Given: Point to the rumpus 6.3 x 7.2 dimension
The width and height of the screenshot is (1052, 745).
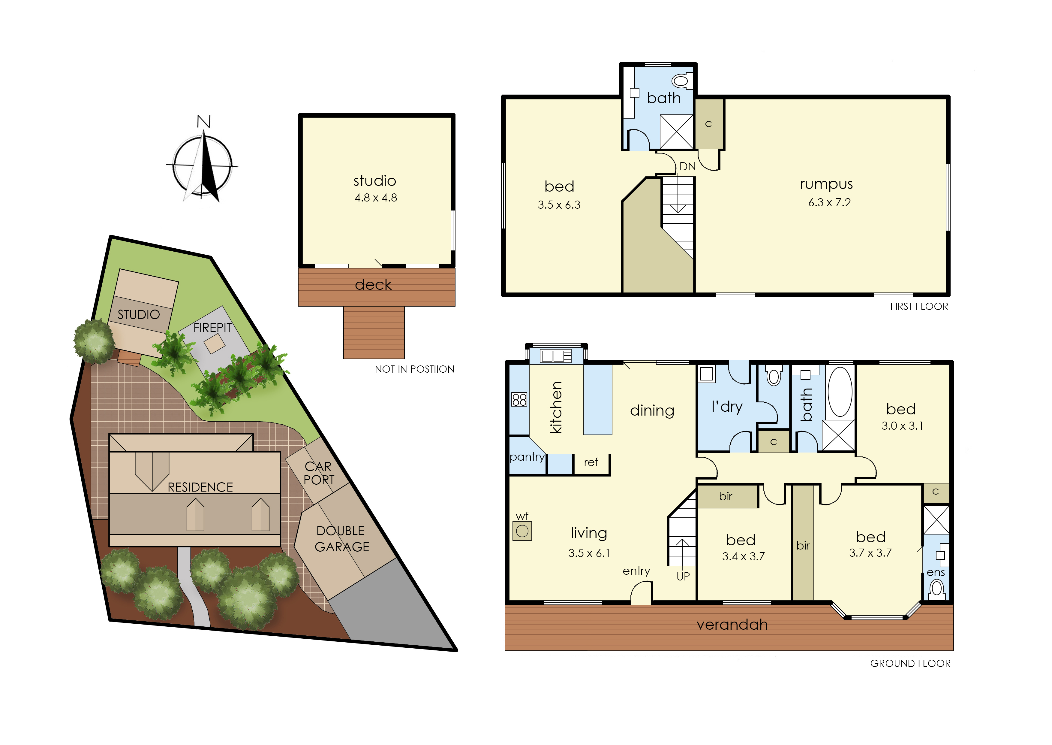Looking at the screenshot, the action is [x=829, y=202].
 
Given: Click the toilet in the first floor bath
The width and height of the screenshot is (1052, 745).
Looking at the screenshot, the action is [x=682, y=81].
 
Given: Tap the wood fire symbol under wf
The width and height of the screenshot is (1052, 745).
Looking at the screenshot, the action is [x=522, y=531].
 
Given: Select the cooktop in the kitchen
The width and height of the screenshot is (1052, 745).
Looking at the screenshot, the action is [x=519, y=400].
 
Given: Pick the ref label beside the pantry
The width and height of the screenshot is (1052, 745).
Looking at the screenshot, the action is [x=591, y=462].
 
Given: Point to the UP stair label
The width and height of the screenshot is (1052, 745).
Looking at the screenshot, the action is [x=683, y=576].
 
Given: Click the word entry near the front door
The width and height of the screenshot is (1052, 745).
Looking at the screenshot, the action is [x=636, y=571].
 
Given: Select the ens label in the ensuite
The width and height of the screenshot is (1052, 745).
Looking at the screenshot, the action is [x=936, y=573].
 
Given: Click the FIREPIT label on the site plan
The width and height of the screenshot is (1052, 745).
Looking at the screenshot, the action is [x=212, y=328].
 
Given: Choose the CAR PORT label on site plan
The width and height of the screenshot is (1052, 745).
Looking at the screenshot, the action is [x=319, y=473].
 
